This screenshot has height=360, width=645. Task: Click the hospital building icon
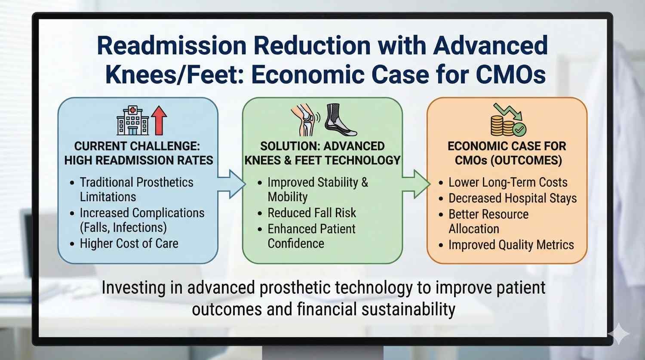point(133,121)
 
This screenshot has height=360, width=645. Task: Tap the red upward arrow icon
point(159,121)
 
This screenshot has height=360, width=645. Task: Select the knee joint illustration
point(304,120)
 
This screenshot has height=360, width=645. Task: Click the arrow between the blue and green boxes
point(230,184)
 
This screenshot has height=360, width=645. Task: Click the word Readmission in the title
point(173,46)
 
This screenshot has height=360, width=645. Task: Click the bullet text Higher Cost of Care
point(129,243)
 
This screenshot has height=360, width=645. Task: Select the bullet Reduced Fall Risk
point(312,213)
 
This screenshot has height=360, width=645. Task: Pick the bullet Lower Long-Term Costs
point(508,182)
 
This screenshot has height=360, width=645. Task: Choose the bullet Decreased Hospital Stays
point(513,198)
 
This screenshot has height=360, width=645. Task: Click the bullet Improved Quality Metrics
point(511,245)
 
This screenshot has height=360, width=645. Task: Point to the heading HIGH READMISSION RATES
point(138,160)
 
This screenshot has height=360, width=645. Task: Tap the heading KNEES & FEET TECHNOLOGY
point(322,160)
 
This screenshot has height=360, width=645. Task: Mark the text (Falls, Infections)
point(123,228)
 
